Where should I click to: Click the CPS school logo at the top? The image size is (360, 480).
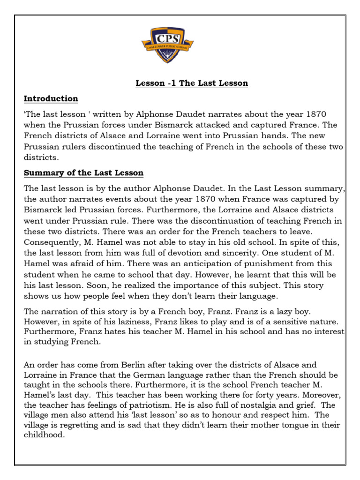pyautogui.click(x=167, y=45)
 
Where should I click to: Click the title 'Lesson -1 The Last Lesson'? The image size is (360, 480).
pyautogui.click(x=192, y=83)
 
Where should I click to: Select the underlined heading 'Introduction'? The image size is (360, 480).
pyautogui.click(x=51, y=98)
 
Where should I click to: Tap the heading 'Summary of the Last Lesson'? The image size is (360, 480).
pyautogui.click(x=84, y=173)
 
